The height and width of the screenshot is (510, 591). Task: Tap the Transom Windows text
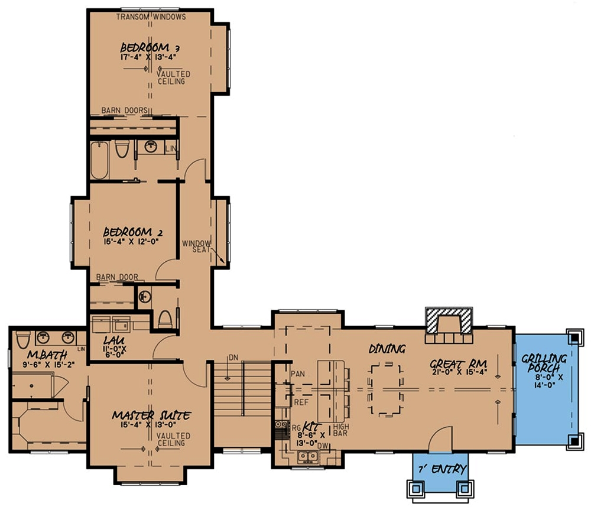[151, 17]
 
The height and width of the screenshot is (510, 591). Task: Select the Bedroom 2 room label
[132, 232]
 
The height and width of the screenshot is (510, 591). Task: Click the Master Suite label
[151, 416]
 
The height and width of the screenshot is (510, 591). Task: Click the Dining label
[387, 349]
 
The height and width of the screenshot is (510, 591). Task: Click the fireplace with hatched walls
[449, 323]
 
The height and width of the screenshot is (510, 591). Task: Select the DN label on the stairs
[233, 357]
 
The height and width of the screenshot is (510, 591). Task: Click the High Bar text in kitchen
[341, 430]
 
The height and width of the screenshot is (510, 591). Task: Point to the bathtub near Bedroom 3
[99, 160]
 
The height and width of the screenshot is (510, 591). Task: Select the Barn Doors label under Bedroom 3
[124, 110]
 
